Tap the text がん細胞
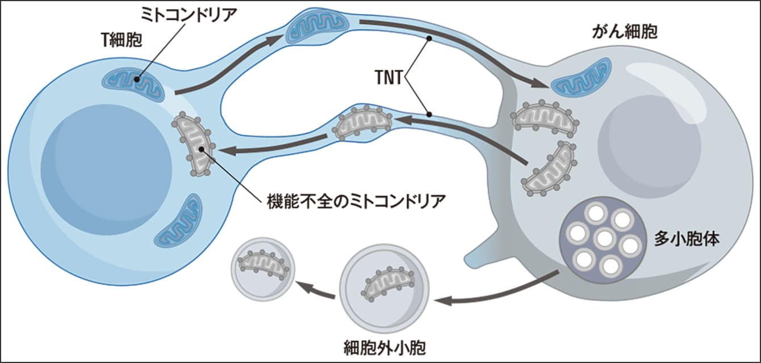tap(624, 32)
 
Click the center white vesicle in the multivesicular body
tap(604, 239)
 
